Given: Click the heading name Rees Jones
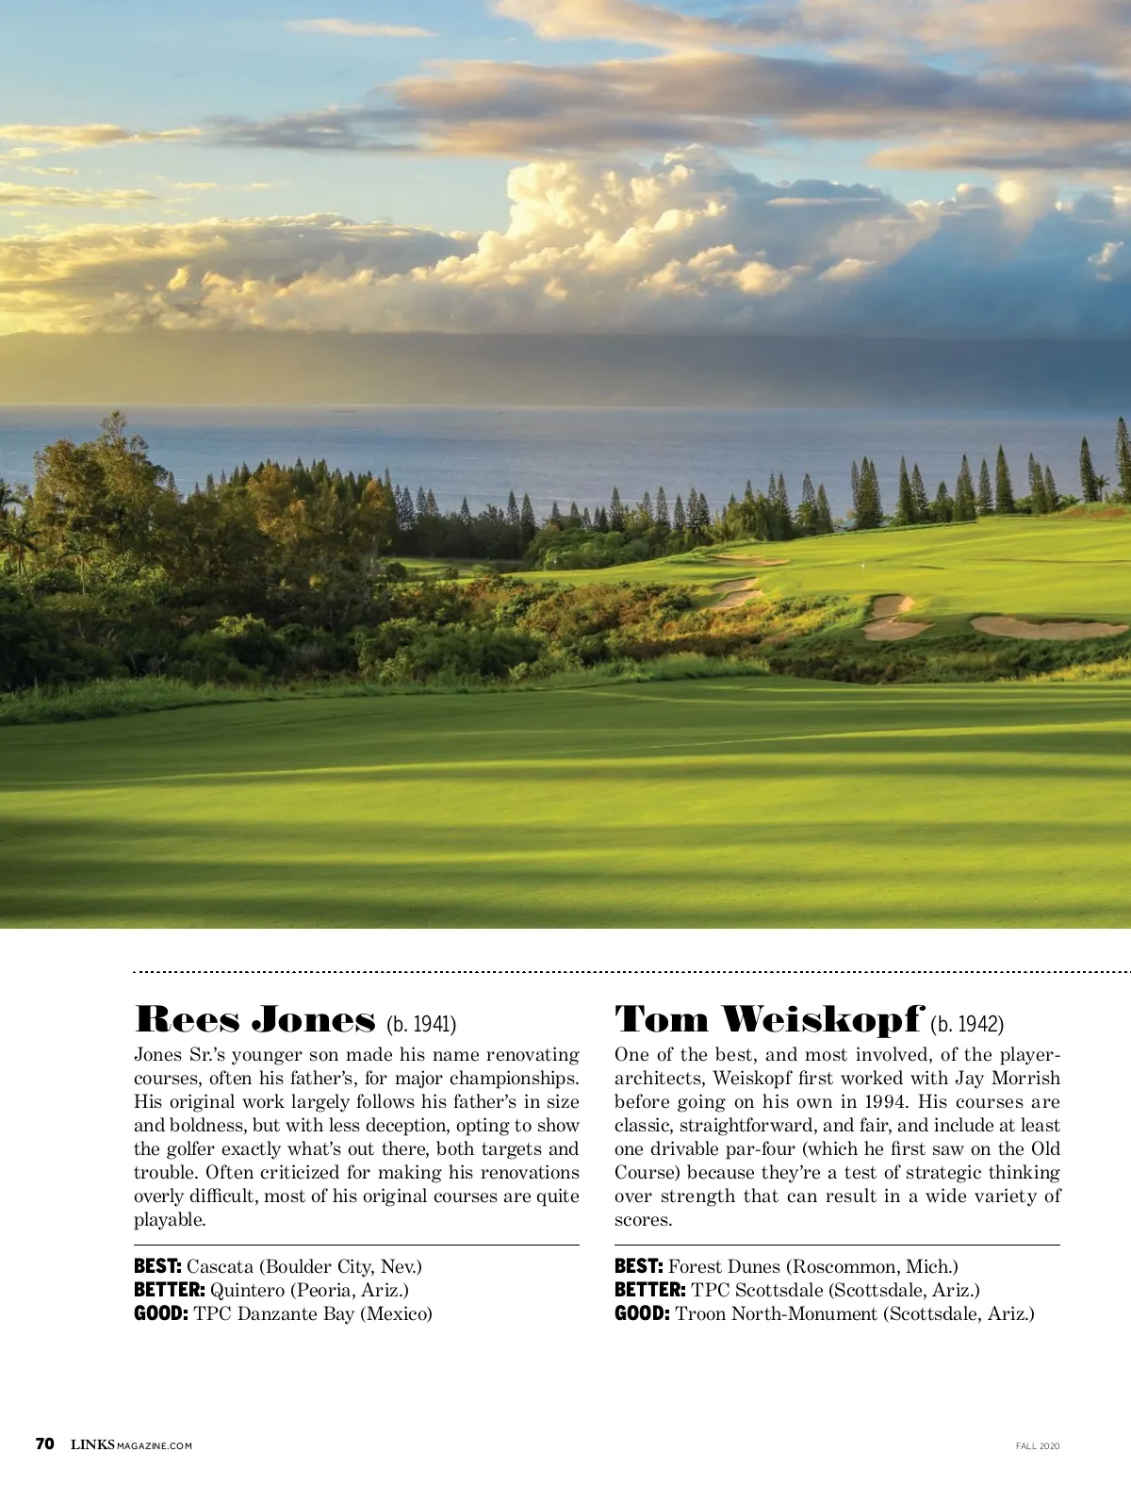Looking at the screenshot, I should pos(255,1020).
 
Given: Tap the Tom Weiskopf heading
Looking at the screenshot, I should pos(768,1020).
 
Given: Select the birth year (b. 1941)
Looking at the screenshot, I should pos(421,1024).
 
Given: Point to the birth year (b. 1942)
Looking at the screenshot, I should pos(967,1024).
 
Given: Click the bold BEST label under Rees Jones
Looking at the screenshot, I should pos(157,1266).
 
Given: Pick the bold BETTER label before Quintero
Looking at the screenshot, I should pos(170,1290).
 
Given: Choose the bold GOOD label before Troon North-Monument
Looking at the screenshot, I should pos(642,1313).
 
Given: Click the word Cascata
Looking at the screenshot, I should pos(220,1266).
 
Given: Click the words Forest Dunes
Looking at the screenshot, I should pos(724,1266).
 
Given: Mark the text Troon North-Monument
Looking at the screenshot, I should pos(776,1313).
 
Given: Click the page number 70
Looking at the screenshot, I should pos(44,1444).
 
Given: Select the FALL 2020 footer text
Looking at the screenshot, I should pos(1038,1445).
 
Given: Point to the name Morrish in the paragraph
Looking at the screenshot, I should pos(1024,1079).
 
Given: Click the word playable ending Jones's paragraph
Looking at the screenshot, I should pos(168,1220).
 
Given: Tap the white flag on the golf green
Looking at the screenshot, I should pos(863,568).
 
